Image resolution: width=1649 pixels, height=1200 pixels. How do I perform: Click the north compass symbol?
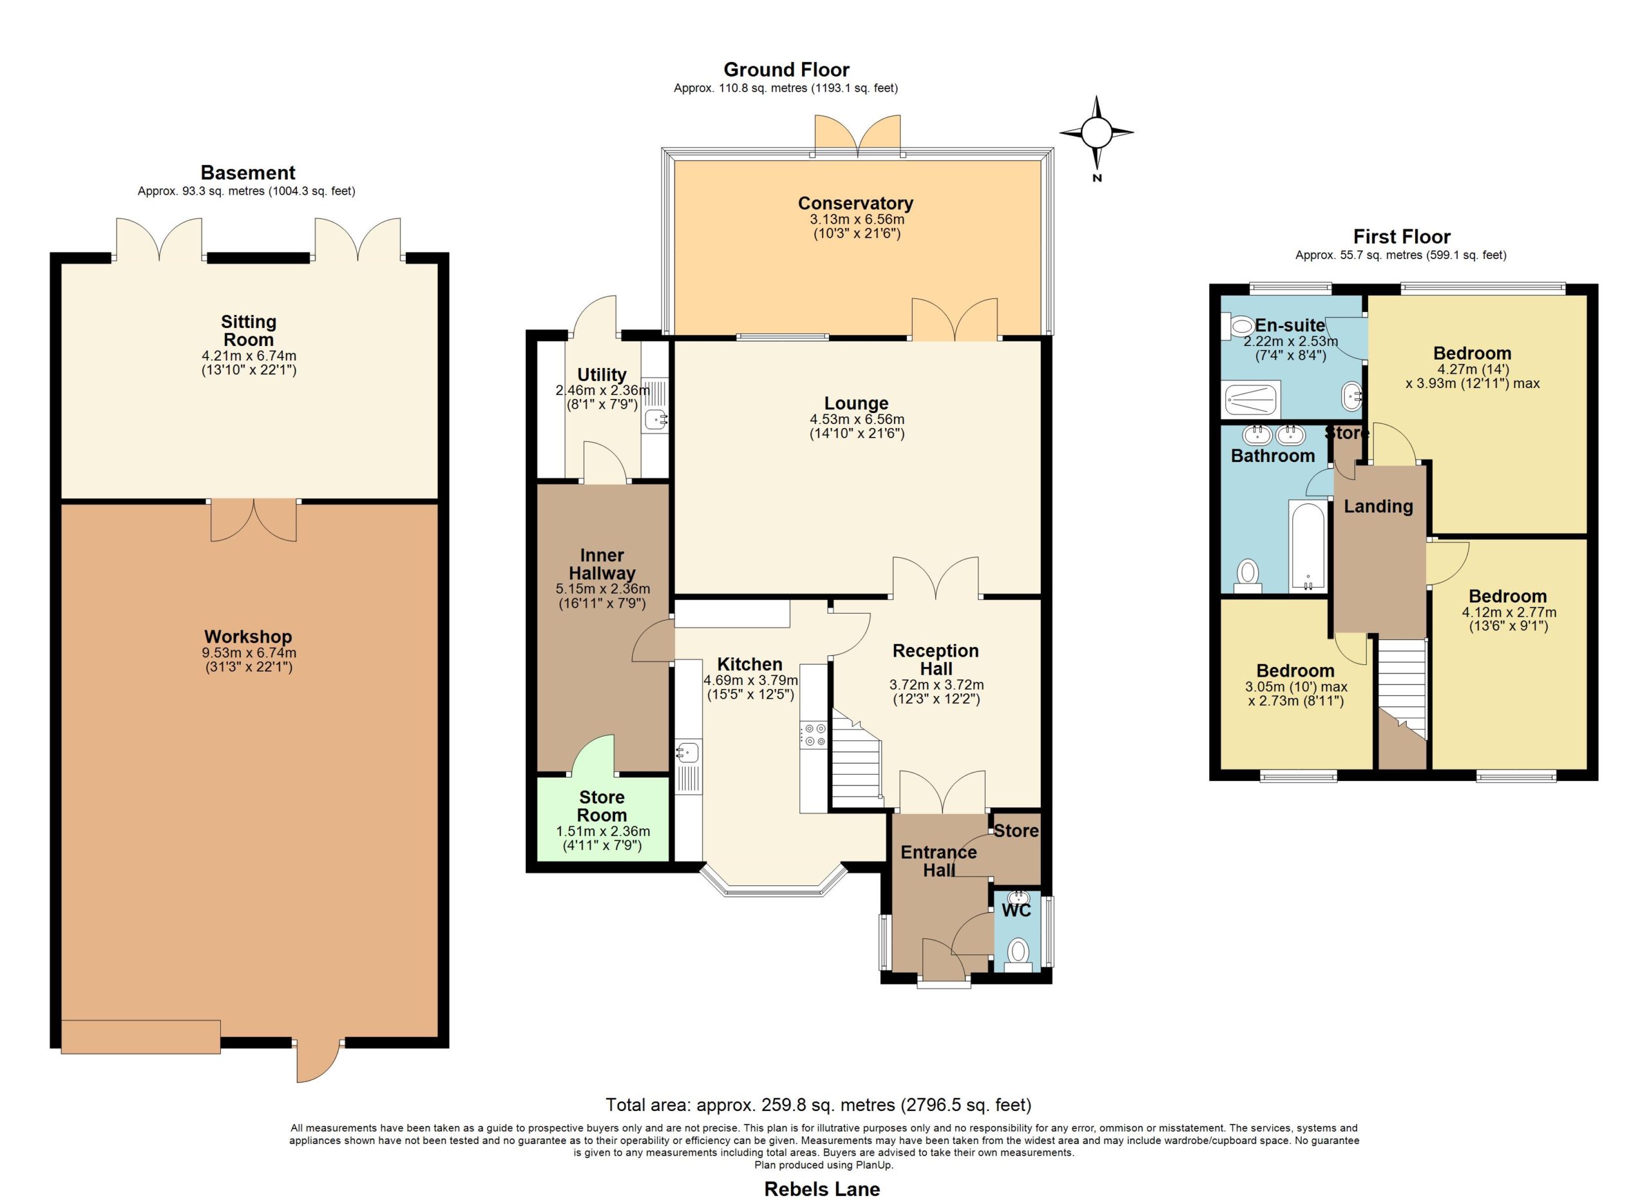tap(1096, 134)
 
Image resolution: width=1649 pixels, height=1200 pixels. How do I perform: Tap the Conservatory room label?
tap(856, 203)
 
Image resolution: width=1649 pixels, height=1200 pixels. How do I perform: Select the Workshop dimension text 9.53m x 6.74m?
tap(249, 653)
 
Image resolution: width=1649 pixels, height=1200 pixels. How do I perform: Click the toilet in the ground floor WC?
tap(1018, 953)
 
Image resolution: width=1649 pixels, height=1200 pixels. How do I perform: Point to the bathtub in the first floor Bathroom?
tap(1308, 545)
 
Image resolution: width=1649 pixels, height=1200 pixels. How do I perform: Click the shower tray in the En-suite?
tap(1252, 400)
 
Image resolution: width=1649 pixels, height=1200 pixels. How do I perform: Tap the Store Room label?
tap(602, 806)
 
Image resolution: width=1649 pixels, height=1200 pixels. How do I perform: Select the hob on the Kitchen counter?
tap(813, 735)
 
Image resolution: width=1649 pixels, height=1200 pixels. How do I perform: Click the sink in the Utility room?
tap(655, 419)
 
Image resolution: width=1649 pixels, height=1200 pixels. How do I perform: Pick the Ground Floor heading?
tap(786, 70)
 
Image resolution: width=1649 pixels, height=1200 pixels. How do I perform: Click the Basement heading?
tap(248, 172)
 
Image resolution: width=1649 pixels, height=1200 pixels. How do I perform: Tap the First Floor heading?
tap(1401, 237)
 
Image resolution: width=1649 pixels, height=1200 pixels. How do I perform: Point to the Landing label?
tap(1378, 506)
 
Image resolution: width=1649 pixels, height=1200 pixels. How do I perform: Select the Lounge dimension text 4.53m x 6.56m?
tap(857, 420)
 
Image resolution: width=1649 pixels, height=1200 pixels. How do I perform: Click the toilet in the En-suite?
tap(1238, 327)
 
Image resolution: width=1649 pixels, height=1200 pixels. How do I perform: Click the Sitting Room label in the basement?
tap(249, 331)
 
